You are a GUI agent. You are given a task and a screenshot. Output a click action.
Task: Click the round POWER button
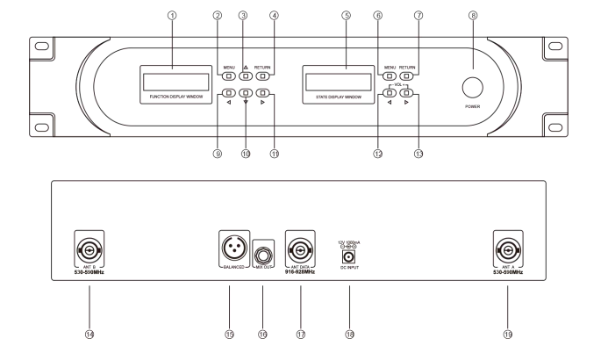(472, 87)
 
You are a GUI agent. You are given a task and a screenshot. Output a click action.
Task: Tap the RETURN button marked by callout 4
(262, 76)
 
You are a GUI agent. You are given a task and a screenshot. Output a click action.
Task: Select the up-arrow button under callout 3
(246, 76)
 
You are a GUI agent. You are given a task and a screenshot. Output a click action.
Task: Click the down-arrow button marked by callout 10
(246, 93)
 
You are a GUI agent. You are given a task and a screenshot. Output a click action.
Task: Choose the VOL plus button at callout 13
(406, 93)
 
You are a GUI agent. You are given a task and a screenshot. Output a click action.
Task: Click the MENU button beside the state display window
(390, 76)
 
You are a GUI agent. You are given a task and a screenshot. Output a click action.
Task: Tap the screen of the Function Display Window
(176, 82)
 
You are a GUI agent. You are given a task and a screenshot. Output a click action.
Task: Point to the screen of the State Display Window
(339, 82)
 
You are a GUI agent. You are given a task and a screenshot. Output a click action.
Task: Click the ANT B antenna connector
(89, 250)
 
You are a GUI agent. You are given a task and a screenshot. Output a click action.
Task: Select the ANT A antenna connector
(508, 250)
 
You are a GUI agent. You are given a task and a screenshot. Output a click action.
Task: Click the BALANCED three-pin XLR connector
(234, 247)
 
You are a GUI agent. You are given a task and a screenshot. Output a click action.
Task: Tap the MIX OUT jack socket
(263, 256)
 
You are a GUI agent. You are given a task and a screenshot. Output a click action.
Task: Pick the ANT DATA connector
(300, 250)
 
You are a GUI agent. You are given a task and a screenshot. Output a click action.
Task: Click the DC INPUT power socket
(348, 256)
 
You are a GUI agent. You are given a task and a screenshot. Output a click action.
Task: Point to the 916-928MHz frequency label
(300, 272)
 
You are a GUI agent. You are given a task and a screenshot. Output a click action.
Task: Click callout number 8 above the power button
(473, 16)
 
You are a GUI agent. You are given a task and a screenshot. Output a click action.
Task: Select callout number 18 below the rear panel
(349, 334)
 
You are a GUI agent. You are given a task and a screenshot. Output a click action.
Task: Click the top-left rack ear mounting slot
(42, 47)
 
